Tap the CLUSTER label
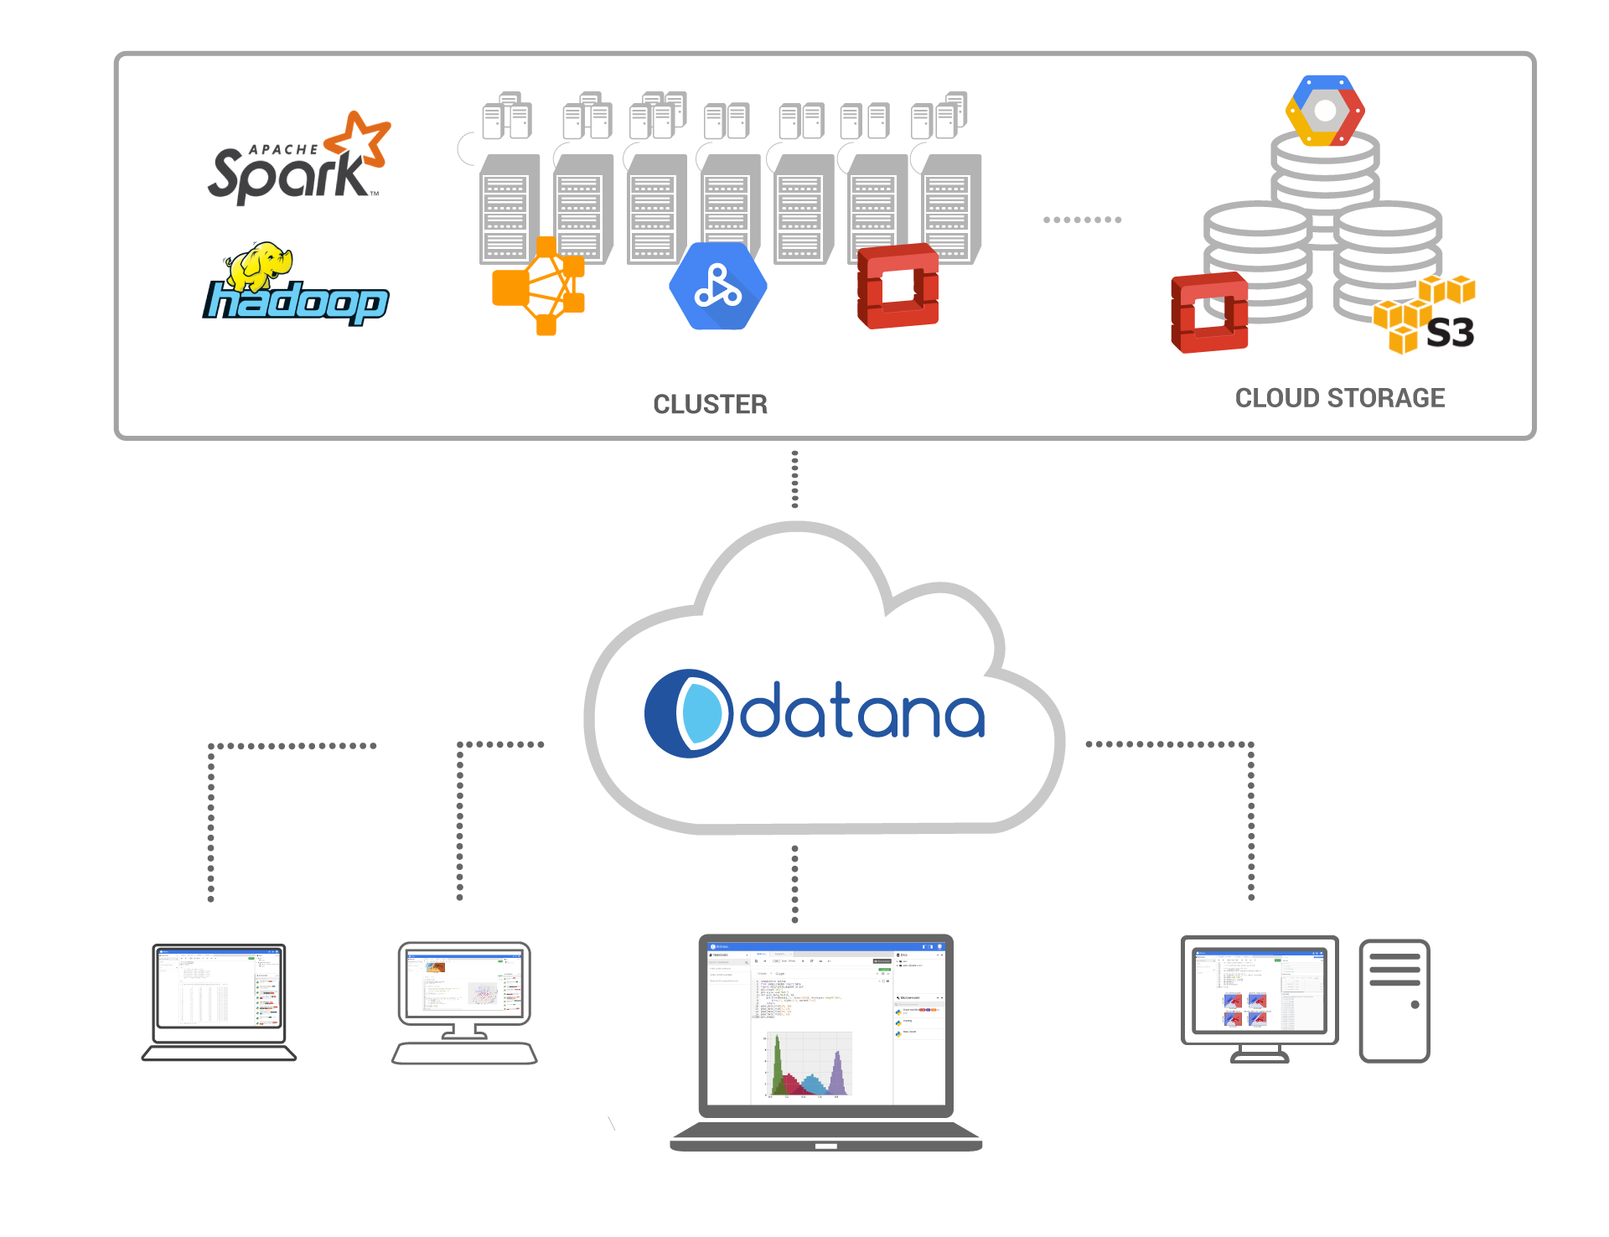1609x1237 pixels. pos(710,405)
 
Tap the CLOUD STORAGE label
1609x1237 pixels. pos(1339,398)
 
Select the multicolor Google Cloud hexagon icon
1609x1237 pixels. pos(1325,111)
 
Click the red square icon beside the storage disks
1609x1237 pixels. pos(1209,313)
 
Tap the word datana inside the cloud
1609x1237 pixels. pos(861,712)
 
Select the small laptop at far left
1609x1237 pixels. pos(219,1002)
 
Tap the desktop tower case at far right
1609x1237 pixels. pos(1394,1001)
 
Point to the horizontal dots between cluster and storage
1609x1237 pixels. pos(1082,220)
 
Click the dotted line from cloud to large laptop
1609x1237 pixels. pos(794,884)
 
